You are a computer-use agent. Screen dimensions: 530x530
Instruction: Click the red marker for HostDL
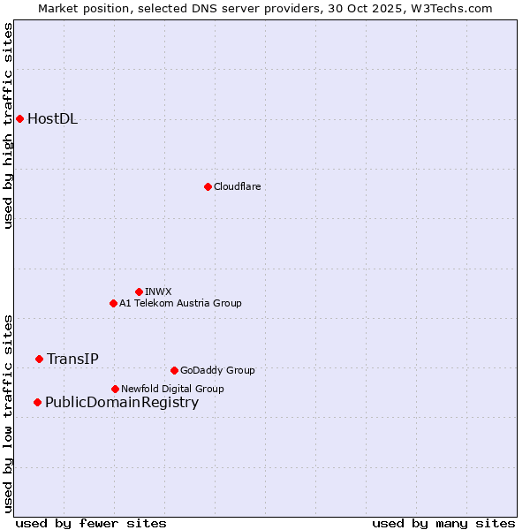tap(19, 119)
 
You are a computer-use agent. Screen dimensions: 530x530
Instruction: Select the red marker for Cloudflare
tap(208, 186)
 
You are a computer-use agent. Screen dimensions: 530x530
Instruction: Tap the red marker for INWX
tap(139, 291)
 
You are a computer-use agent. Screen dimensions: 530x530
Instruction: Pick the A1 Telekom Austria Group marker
tap(113, 303)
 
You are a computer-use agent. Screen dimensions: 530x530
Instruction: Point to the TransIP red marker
tap(39, 359)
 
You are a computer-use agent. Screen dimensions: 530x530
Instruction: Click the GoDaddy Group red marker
tap(174, 370)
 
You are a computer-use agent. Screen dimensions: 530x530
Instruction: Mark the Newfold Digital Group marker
tap(115, 389)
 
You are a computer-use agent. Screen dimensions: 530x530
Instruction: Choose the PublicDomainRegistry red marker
tap(37, 403)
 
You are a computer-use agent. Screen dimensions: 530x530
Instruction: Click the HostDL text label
tap(52, 119)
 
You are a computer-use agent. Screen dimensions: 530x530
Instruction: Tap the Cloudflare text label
tap(237, 186)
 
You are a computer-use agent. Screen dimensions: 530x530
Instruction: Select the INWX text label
tap(158, 291)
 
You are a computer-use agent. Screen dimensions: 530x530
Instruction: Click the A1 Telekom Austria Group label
tap(180, 303)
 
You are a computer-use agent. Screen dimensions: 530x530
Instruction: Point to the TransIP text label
tap(72, 359)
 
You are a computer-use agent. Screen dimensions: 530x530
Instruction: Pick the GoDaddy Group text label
tap(217, 370)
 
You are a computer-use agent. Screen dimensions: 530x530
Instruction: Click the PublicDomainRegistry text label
tap(122, 403)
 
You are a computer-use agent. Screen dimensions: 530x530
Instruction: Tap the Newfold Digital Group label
tap(172, 389)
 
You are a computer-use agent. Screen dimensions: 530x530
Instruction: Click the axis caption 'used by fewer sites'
tap(91, 523)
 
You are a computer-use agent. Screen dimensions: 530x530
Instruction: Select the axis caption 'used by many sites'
tap(443, 523)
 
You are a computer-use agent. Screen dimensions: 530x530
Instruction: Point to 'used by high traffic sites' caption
tap(8, 125)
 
